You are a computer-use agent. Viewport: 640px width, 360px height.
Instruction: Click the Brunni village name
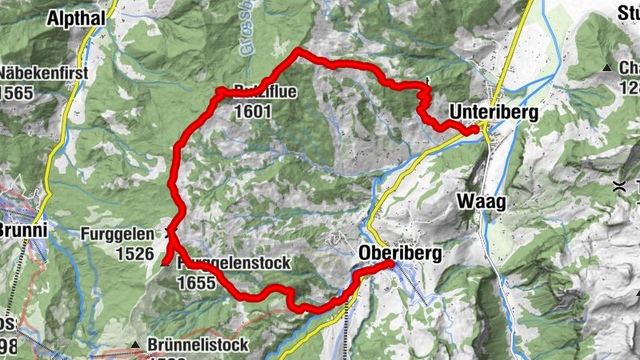click(x=22, y=231)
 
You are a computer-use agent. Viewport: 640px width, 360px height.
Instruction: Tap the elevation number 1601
click(x=254, y=113)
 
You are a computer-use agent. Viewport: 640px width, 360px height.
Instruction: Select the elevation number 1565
click(x=16, y=93)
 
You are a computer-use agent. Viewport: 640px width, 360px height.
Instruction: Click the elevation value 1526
click(x=134, y=254)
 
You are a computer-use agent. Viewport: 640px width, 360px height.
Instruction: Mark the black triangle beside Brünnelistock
click(x=135, y=345)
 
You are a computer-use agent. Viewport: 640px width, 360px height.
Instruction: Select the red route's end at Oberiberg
click(x=390, y=263)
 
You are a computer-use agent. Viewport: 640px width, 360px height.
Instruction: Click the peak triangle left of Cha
click(x=608, y=68)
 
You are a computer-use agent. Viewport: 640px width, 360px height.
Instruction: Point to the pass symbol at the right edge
click(x=618, y=187)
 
